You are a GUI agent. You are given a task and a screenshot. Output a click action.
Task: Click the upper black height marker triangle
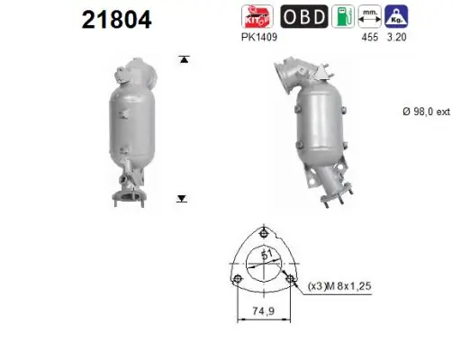pos(184,59)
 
